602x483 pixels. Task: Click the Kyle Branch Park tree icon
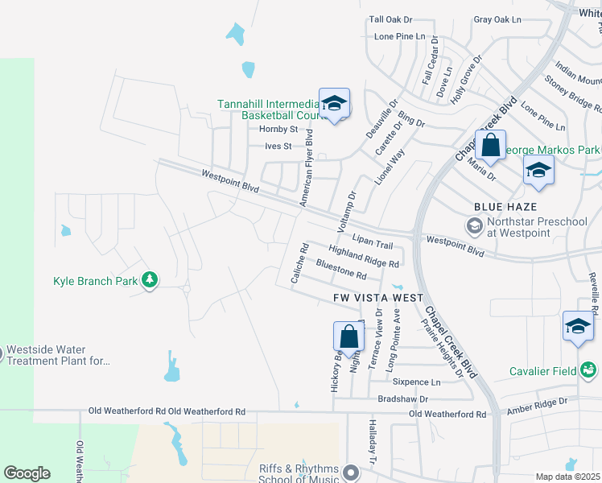(x=149, y=280)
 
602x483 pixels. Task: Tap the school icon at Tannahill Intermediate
(x=334, y=103)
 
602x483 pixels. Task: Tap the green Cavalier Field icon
(x=589, y=369)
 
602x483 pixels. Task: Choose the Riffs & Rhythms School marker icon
(x=350, y=472)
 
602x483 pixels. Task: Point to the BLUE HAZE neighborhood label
(x=505, y=207)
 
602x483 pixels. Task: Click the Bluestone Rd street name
(x=341, y=270)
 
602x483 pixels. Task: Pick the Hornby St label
(x=278, y=129)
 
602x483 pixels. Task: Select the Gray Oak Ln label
(x=497, y=19)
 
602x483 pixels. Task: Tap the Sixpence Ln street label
(x=423, y=382)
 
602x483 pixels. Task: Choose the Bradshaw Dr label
(x=402, y=398)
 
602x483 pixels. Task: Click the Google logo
(x=27, y=473)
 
